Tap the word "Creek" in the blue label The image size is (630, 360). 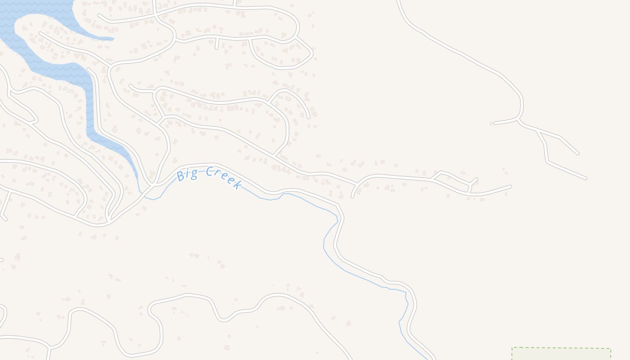(225, 177)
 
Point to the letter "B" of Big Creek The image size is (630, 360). (181, 175)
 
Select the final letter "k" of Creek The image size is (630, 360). (238, 184)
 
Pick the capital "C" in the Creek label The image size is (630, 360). (210, 171)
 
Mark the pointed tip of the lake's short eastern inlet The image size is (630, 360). (113, 39)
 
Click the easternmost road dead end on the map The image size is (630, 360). (585, 179)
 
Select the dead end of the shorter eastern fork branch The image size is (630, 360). (578, 154)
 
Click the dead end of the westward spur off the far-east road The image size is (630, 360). (495, 123)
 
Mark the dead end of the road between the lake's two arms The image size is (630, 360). (40, 33)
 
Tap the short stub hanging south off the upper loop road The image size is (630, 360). (216, 48)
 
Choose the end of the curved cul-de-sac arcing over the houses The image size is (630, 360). (308, 117)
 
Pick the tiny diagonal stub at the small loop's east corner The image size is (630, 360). (476, 179)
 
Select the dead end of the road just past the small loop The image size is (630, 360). (510, 186)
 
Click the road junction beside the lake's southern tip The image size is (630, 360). (153, 184)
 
